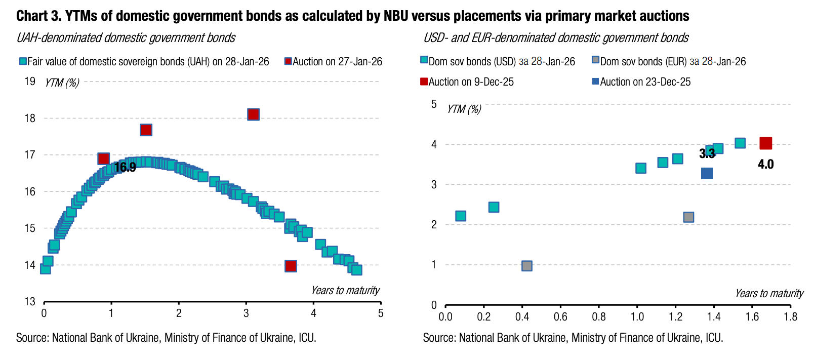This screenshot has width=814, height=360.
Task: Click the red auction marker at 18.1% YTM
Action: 253,114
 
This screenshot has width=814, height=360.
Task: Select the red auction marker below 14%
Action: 291,266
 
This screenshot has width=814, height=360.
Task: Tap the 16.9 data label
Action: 125,168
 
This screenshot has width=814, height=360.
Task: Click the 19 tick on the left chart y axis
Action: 30,81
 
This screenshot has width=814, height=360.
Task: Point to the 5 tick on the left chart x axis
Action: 381,313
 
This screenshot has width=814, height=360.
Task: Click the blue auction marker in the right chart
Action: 707,174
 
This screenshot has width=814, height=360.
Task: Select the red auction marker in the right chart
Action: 766,143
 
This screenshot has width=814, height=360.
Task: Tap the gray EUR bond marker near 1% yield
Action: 526,266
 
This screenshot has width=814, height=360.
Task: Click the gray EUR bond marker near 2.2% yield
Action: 688,217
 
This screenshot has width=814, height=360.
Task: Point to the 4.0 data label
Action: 765,164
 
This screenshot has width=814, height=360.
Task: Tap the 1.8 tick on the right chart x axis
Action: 790,317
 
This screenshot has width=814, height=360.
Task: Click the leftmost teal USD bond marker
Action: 461,216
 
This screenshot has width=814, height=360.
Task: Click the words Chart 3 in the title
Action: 38,16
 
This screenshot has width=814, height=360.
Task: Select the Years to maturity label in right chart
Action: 769,294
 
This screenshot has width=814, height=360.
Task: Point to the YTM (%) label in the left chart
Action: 62,83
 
